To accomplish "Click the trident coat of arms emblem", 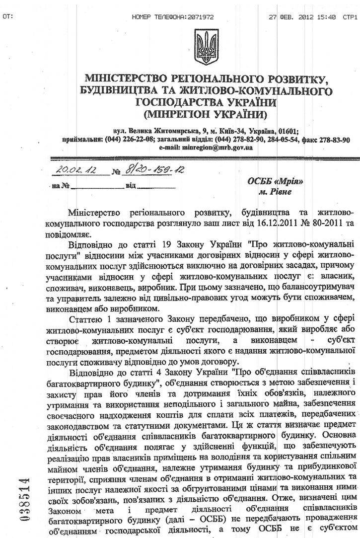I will [x=203, y=48].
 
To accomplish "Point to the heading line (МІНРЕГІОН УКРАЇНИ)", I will [x=203, y=115].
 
